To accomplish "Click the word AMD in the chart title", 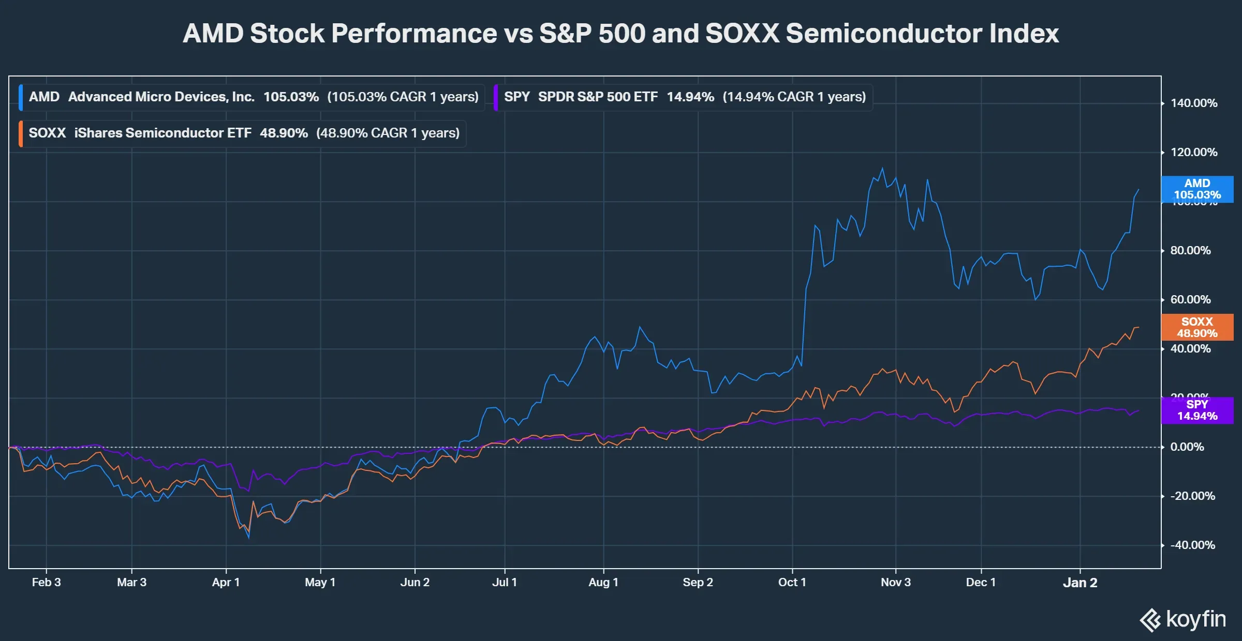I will click(213, 34).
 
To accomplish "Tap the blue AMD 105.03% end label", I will click(1197, 189).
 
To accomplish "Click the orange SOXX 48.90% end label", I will click(1197, 327).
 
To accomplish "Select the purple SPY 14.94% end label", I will click(1197, 410).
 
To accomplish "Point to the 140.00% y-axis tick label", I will click(1194, 103).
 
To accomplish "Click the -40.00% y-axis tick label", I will click(1192, 545).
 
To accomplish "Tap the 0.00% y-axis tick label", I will click(1187, 447).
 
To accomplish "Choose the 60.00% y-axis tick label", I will click(1190, 300).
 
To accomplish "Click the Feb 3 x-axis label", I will click(46, 583).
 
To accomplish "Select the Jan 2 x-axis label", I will click(1080, 583).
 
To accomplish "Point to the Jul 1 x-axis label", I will click(504, 583).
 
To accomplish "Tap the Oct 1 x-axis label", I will click(792, 583).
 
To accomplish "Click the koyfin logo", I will click(1182, 619).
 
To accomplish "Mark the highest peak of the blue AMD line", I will click(882, 168).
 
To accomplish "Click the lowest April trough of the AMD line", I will click(249, 538).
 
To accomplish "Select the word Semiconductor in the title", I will click(883, 34).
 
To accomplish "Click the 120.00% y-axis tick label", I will click(1194, 152).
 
